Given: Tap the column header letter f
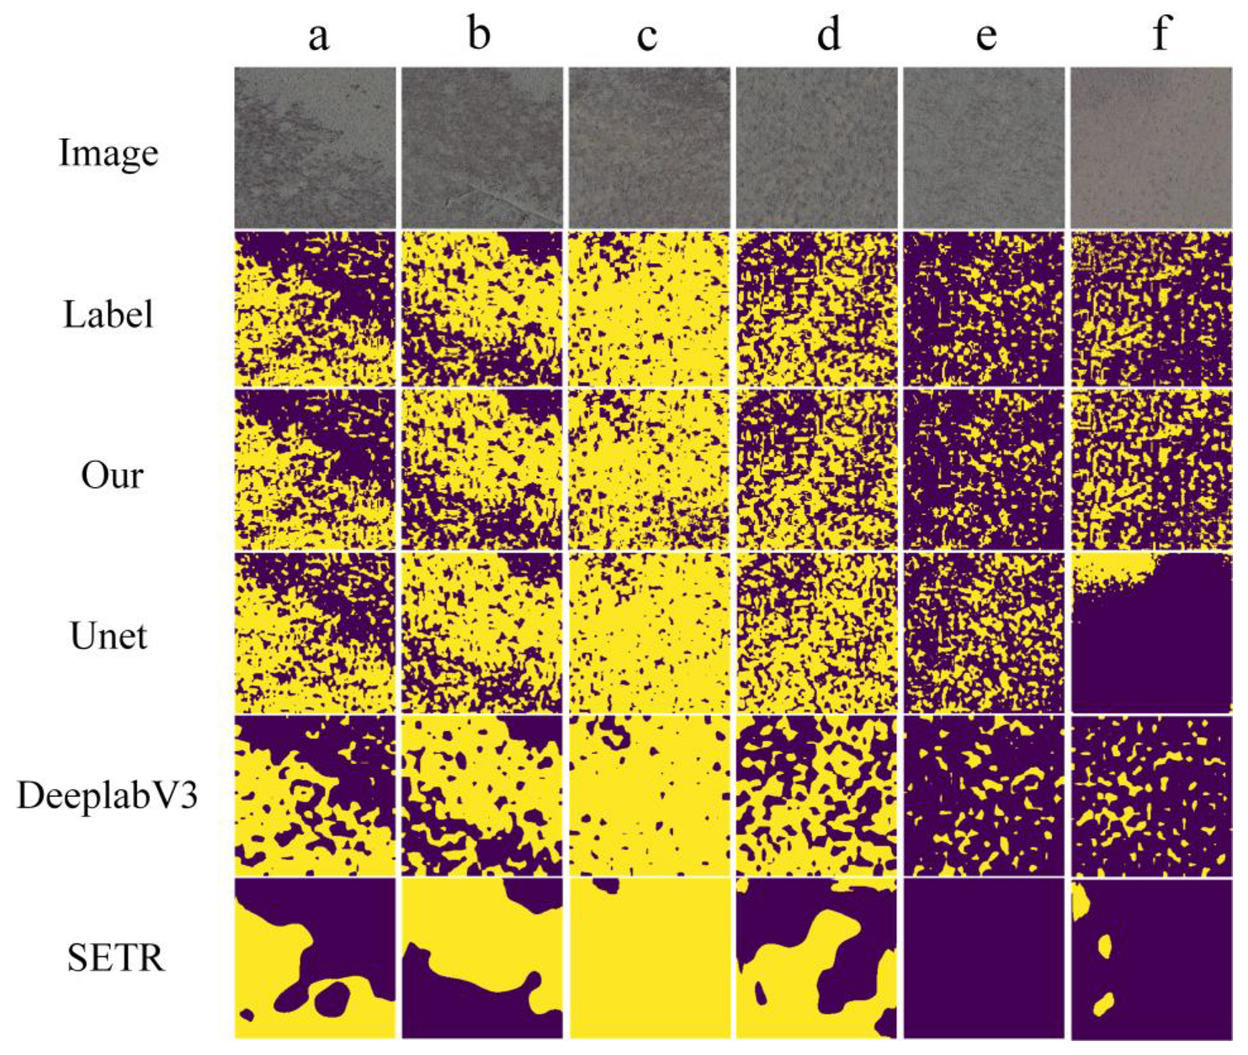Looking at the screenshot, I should pos(1160,34).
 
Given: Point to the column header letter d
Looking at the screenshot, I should pos(828,35).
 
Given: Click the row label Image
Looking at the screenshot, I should pos(108,153).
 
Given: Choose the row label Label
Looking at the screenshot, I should pos(108,315).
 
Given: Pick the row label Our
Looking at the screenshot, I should pos(112,475).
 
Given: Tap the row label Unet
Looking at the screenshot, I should pos(109,636).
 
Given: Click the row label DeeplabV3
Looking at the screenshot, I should pos(107,795).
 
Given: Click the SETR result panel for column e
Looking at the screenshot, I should pos(984,958).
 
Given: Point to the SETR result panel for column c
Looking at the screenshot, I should pos(649,958).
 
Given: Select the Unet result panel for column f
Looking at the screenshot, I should pos(1151,633).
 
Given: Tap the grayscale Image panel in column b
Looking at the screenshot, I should pos(481,147).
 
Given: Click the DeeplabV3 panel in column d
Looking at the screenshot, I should pos(816,796).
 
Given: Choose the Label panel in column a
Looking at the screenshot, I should pos(315,310).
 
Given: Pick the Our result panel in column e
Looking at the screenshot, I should pos(984,469).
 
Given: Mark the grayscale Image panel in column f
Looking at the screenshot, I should pos(1151,147).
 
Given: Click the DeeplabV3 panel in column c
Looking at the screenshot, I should pos(649,796).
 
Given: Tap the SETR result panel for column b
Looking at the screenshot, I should pos(481,958).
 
